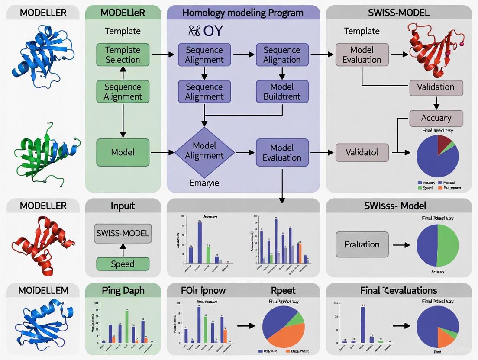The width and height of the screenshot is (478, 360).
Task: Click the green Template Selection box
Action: tap(123, 55)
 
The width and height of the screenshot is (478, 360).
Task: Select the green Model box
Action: tap(123, 152)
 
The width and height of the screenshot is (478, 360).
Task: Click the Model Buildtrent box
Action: tap(282, 91)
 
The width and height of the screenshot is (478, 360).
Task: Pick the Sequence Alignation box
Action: tap(282, 55)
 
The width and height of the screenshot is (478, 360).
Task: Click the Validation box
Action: tap(436, 87)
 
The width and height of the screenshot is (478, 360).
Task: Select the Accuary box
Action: tap(436, 118)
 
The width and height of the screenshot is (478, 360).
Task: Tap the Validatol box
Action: tap(362, 152)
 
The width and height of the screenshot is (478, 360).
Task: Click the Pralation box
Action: tap(362, 244)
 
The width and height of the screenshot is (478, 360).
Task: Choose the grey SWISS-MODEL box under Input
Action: tap(123, 234)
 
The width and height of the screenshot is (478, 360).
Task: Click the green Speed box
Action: tap(123, 264)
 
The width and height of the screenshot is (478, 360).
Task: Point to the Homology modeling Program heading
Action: tap(243, 13)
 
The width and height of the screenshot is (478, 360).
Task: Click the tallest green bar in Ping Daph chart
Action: tap(126, 327)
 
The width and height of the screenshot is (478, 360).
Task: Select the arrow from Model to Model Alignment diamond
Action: tap(162, 152)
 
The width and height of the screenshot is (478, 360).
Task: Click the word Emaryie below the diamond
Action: tap(204, 183)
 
